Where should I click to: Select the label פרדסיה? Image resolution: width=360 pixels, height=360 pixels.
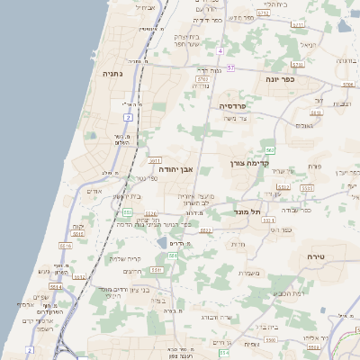coord(238,105)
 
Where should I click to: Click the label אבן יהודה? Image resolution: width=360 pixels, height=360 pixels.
coord(175,168)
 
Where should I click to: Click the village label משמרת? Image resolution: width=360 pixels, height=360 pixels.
coord(249,273)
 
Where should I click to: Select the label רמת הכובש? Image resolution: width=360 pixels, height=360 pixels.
coord(287,292)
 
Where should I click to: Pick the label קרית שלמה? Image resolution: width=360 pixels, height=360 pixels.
coord(123,258)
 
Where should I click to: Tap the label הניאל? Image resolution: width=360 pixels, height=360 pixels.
coord(308,44)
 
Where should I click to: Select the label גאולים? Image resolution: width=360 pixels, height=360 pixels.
coord(304,125)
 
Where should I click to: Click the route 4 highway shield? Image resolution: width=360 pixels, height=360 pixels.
coord(220,50)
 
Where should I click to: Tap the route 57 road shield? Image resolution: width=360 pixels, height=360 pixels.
coord(231,67)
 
